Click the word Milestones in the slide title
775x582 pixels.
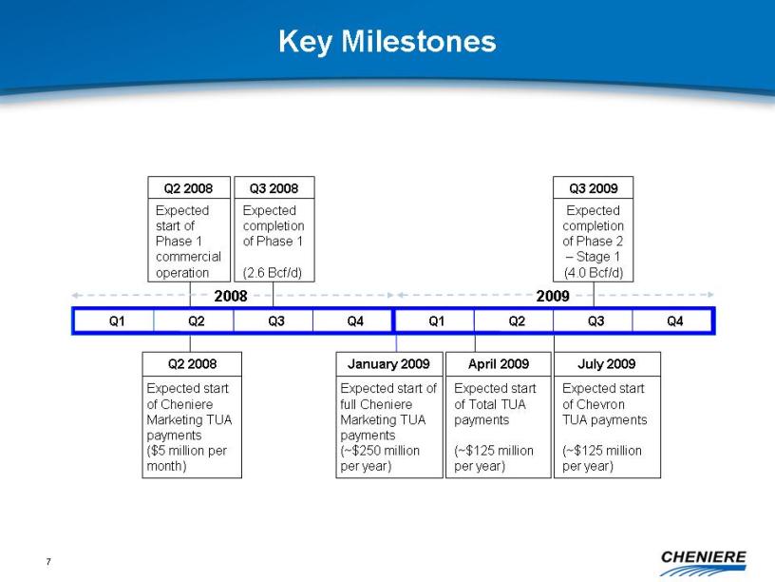click(418, 41)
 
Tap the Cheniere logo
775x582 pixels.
click(703, 563)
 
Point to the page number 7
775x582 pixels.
click(48, 561)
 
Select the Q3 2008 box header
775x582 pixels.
click(274, 188)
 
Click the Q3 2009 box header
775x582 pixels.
click(593, 188)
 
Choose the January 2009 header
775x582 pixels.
click(389, 364)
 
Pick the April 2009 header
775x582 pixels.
click(499, 364)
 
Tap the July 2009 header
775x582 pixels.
click(607, 364)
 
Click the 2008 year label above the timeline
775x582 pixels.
click(231, 296)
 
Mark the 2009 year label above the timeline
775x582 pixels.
click(553, 296)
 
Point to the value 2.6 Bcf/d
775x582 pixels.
click(273, 273)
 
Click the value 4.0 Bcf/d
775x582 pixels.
click(593, 273)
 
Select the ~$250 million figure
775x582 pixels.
click(380, 451)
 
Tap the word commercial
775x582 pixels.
click(188, 257)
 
